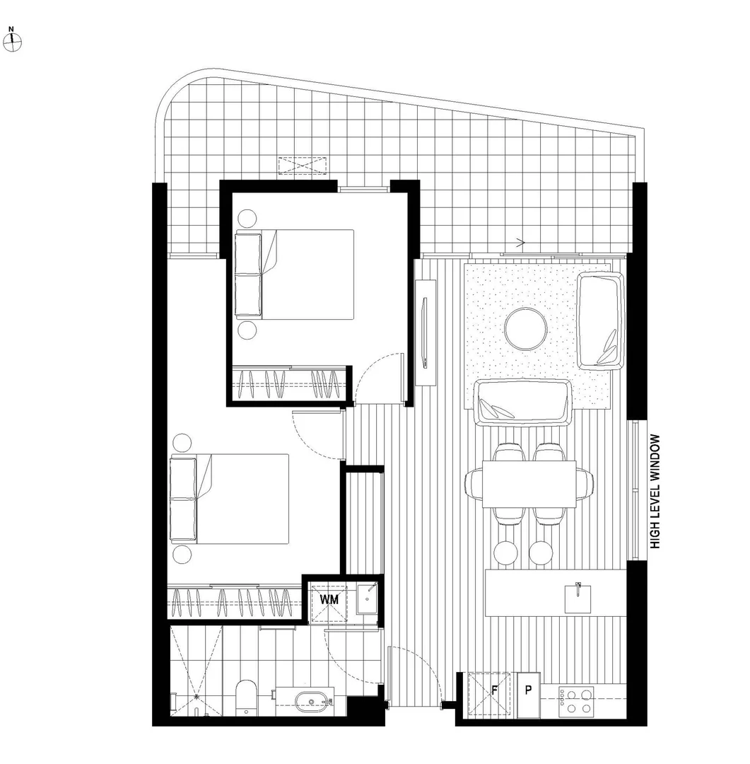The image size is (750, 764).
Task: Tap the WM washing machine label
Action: point(329,599)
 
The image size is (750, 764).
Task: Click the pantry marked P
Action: point(527,689)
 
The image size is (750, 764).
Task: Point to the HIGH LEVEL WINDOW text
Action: point(655,492)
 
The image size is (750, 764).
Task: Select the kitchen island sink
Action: point(578,598)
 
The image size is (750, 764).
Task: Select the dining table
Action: point(529,485)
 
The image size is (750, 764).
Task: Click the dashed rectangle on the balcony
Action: point(303,166)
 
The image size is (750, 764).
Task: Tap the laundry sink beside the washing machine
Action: point(367,599)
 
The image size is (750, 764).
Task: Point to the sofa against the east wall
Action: point(602,320)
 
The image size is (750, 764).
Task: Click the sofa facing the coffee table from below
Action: point(522,403)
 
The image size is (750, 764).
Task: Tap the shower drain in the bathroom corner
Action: point(195,695)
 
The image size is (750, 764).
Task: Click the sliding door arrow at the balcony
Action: point(521,243)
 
